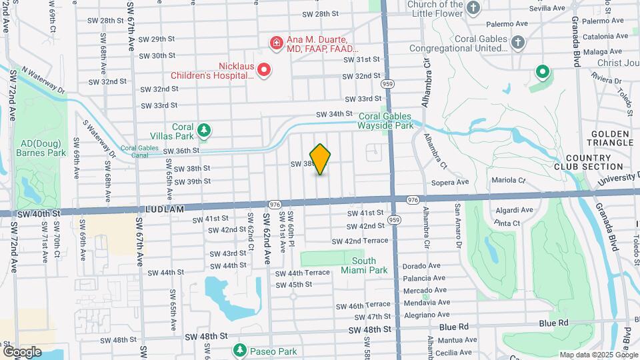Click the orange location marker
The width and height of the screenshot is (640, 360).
[x=321, y=159]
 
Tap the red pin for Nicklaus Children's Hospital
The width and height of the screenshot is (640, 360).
[x=264, y=69]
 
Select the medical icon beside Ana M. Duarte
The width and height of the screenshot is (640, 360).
[x=275, y=43]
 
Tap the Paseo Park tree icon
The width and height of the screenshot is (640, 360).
[x=239, y=350]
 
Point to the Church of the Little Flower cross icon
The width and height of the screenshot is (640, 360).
[x=473, y=9]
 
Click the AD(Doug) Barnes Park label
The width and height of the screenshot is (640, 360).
[x=43, y=147]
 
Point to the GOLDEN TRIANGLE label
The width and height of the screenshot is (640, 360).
[x=610, y=138]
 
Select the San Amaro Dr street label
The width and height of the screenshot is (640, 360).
[x=459, y=226]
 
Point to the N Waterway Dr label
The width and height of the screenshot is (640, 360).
[x=43, y=79]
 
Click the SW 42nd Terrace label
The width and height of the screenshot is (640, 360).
[x=360, y=240]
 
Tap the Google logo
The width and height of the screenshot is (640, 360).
[x=21, y=351]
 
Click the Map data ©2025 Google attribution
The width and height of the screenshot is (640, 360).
[x=598, y=355]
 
